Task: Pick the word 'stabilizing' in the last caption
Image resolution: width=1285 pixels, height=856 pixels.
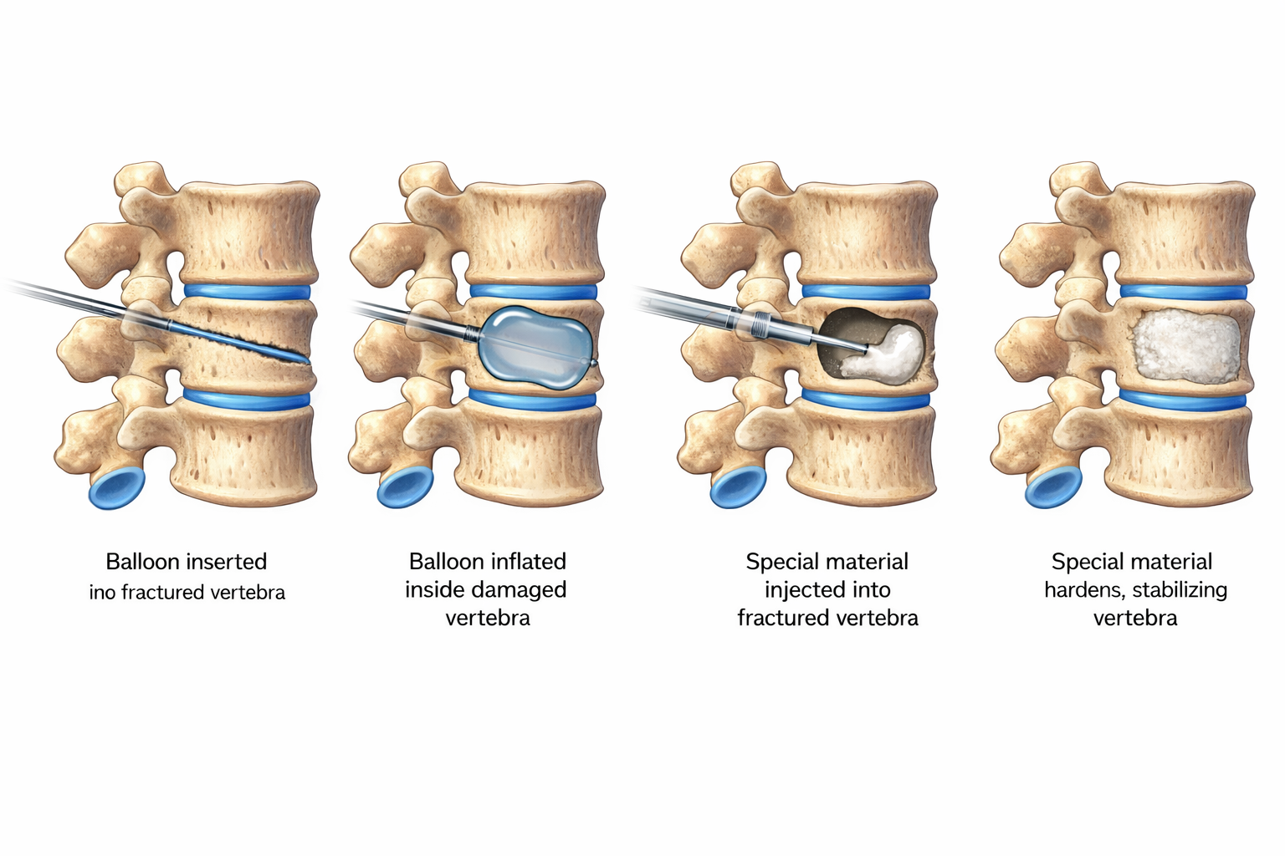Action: pyautogui.click(x=1180, y=589)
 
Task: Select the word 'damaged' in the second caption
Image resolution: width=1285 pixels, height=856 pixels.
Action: pyautogui.click(x=525, y=589)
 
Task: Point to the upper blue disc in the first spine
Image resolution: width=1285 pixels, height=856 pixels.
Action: pyautogui.click(x=247, y=291)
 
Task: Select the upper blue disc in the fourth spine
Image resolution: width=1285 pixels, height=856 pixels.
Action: pyautogui.click(x=1183, y=291)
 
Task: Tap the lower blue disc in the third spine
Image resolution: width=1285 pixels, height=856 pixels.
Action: pyautogui.click(x=866, y=399)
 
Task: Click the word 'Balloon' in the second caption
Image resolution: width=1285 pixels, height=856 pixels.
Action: pyautogui.click(x=446, y=561)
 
